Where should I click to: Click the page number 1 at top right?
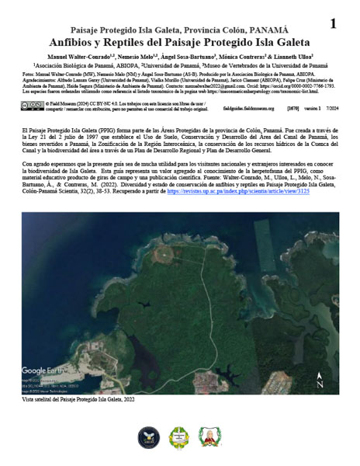click(333, 23)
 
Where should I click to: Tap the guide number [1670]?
click(292, 108)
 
